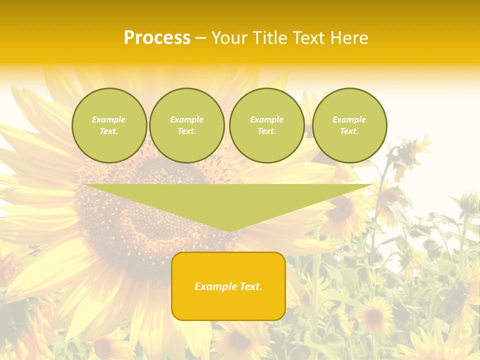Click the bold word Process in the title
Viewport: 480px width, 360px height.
pyautogui.click(x=157, y=38)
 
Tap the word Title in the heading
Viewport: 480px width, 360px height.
pyautogui.click(x=269, y=38)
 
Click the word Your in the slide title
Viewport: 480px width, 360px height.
pyautogui.click(x=229, y=38)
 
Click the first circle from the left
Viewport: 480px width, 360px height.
pyautogui.click(x=109, y=125)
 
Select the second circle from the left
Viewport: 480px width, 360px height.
pyautogui.click(x=187, y=125)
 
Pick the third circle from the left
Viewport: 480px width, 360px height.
pyautogui.click(x=267, y=125)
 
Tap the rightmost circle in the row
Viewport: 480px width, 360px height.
pyautogui.click(x=349, y=125)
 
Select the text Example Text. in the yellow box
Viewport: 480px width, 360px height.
pyautogui.click(x=228, y=286)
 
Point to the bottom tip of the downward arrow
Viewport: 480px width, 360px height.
pyautogui.click(x=228, y=231)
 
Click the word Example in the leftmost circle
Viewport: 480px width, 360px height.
pyautogui.click(x=109, y=119)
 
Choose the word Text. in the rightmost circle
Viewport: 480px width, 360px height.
pyautogui.click(x=349, y=131)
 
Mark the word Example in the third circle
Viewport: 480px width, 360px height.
pyautogui.click(x=267, y=119)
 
